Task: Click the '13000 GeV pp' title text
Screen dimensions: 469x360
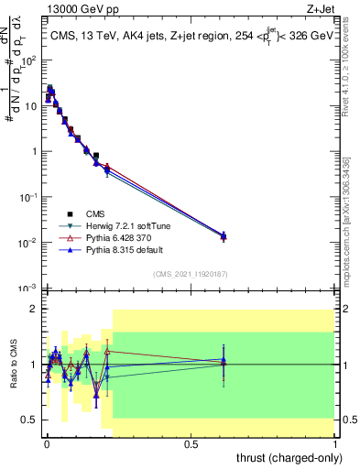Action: [x=79, y=7]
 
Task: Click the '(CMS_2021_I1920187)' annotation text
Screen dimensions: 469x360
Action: [x=190, y=273]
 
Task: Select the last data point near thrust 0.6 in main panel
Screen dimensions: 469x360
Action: [x=224, y=236]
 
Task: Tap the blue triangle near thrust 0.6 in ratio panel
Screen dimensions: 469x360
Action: [x=224, y=360]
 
